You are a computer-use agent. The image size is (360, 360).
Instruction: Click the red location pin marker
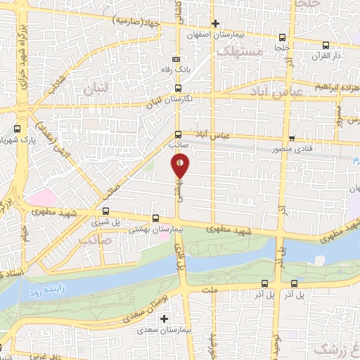coord(180,165)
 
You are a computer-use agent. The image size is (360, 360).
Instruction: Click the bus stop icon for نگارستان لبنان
coord(177,89)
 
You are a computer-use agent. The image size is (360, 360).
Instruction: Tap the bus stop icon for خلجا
coord(282,37)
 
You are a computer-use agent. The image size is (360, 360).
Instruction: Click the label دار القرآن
coord(327,54)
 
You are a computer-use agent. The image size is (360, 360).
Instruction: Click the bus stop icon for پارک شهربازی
coord(18,129)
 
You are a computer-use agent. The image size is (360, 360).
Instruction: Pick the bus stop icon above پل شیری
coord(105,211)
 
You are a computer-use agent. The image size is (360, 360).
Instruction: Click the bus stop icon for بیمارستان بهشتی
coord(156,219)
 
